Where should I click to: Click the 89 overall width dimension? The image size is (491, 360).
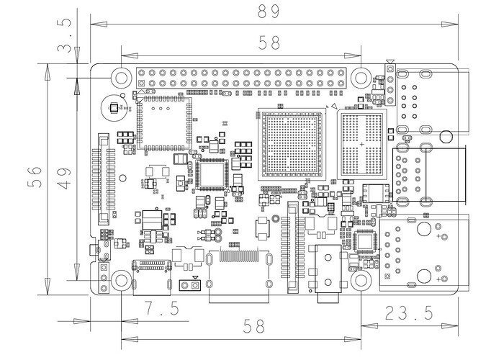[x=269, y=12]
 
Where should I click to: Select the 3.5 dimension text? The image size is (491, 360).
[x=65, y=35]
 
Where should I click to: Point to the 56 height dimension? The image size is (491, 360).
[x=35, y=177]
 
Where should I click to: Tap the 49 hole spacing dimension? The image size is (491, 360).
[x=64, y=179]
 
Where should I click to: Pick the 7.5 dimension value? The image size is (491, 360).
[x=162, y=308]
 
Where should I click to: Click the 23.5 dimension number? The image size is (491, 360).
[x=409, y=312]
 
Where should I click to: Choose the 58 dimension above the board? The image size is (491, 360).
[x=269, y=42]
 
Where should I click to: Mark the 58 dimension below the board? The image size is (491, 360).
[x=253, y=326]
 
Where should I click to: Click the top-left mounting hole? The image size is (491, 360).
[x=121, y=77]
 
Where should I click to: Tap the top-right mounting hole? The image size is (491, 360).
[x=361, y=77]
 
